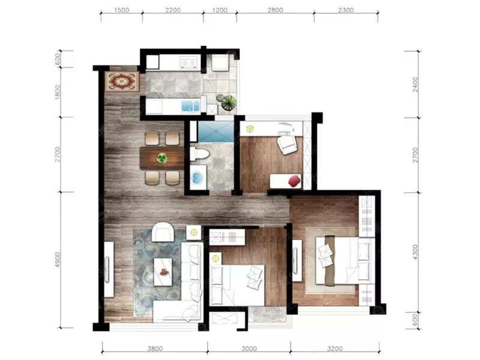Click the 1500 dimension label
tap(122, 10)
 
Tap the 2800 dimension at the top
tap(275, 10)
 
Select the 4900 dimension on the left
tap(58, 260)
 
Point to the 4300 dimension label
tap(415, 252)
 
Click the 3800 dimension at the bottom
tap(155, 349)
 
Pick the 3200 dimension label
tap(335, 349)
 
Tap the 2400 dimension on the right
tap(415, 84)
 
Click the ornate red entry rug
tap(122, 81)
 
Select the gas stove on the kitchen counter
tap(188, 62)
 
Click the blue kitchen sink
tap(190, 106)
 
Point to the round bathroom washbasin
tap(196, 177)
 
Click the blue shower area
tap(215, 131)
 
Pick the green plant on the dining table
tap(161, 158)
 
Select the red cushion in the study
tap(295, 180)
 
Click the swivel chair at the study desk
tap(287, 144)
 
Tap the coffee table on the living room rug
tap(163, 272)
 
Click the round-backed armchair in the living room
tap(163, 232)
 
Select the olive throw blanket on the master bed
tap(329, 260)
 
